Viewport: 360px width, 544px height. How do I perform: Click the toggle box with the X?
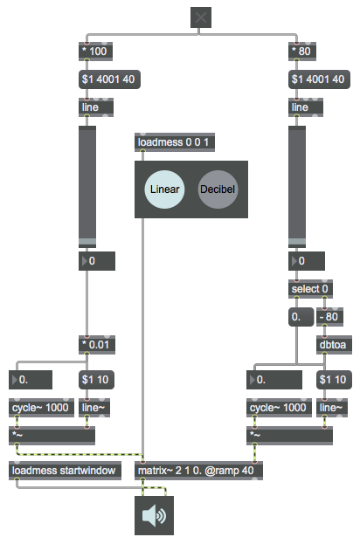point(201,17)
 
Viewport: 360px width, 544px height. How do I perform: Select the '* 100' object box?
point(95,52)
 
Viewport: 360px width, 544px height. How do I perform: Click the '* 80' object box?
point(302,52)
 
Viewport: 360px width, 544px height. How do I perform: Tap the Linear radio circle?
point(164,189)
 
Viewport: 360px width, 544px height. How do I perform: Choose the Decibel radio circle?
point(218,189)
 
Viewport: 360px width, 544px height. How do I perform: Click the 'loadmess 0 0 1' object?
point(175,142)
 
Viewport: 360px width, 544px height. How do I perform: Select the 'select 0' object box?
point(310,289)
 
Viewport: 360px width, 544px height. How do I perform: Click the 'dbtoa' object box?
point(334,345)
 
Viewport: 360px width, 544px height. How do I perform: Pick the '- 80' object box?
point(329,317)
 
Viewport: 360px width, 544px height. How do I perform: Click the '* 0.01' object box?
point(97,345)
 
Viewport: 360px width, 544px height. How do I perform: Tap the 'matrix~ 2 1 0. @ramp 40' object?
point(198,471)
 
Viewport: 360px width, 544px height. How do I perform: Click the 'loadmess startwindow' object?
point(65,471)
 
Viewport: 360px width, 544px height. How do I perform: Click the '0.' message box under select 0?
point(301,317)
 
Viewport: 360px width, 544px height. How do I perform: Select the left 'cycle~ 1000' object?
point(41,408)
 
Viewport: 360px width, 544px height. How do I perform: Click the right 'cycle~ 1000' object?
point(279,408)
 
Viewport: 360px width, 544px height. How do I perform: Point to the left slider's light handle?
point(87,242)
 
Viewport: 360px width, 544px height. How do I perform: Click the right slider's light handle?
point(297,242)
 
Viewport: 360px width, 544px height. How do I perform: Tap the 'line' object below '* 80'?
point(306,107)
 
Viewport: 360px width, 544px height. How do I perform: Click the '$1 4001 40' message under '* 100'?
point(109,79)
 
